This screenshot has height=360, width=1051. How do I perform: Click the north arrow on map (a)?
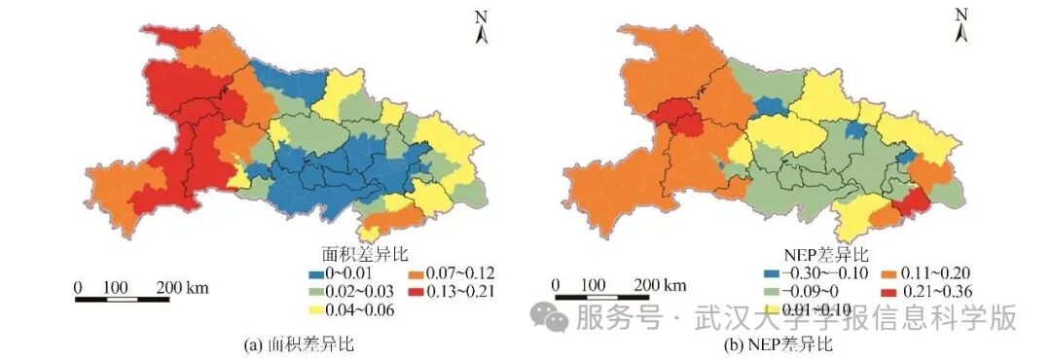pos(480,29)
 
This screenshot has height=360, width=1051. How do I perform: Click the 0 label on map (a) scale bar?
pos(79,287)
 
